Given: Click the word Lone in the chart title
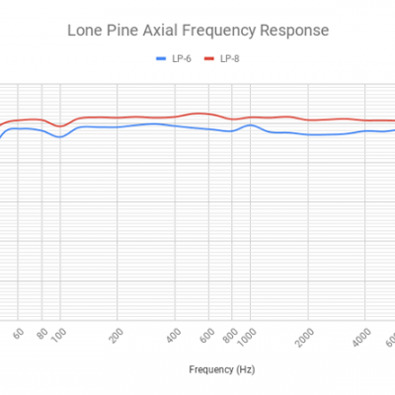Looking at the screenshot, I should pos(84,31).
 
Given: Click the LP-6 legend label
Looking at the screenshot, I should pos(182,58).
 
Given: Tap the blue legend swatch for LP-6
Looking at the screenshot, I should pos(162,58).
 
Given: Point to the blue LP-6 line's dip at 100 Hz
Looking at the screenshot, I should pos(60,136).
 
